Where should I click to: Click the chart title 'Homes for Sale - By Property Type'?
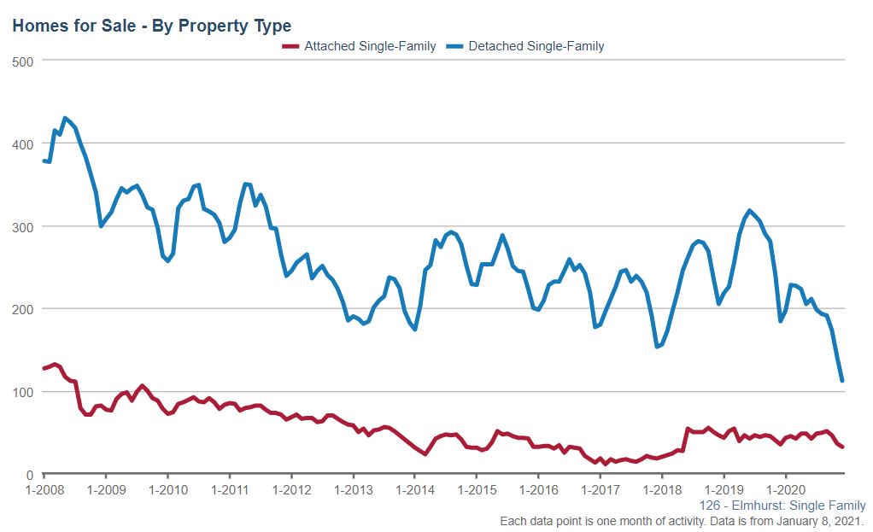[x=151, y=26]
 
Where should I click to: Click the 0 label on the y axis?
[x=29, y=475]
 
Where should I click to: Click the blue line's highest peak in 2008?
[x=65, y=118]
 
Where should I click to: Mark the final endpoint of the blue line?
[x=842, y=381]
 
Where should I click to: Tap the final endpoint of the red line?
[x=842, y=447]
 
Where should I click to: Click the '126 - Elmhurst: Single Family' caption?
[x=782, y=506]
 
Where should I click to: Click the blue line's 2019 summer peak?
[x=749, y=210]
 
